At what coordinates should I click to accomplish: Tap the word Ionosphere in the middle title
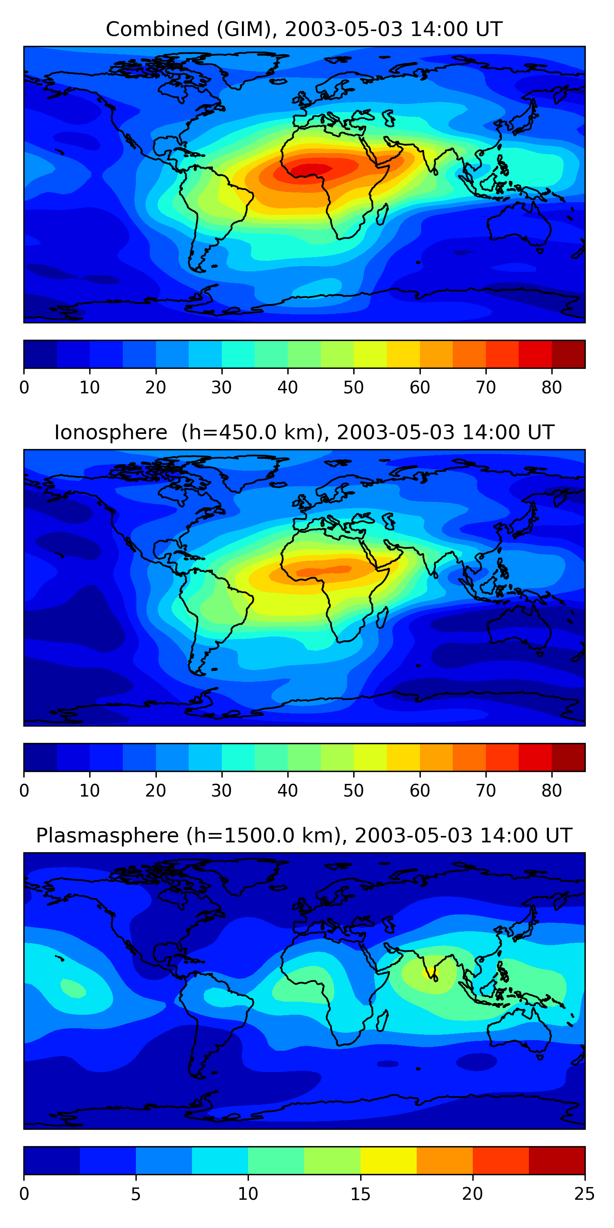point(111,432)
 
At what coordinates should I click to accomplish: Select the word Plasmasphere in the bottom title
point(107,836)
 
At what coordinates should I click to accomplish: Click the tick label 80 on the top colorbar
point(551,388)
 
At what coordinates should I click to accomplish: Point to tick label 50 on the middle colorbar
point(353,791)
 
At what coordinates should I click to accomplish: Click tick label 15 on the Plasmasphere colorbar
point(360,1194)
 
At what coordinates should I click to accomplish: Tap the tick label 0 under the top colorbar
point(24,388)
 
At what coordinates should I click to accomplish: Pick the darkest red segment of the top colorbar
point(568,354)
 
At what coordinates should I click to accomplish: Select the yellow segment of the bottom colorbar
point(388,1160)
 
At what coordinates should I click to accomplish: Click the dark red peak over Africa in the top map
point(312,169)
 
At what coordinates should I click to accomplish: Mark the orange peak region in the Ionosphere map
point(324,570)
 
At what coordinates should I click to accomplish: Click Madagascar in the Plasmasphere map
point(382,1022)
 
